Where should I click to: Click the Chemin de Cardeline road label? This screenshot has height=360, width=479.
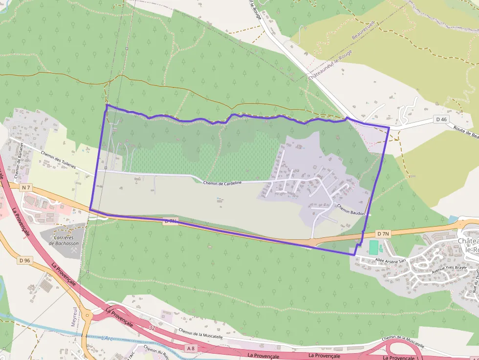point(222,183)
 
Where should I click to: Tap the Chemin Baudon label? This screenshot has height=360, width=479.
point(351,209)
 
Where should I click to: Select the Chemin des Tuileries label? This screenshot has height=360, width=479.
point(59,159)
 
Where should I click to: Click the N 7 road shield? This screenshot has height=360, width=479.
point(26,188)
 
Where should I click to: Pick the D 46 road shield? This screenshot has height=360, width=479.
point(441,119)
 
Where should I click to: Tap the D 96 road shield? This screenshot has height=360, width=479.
point(25,261)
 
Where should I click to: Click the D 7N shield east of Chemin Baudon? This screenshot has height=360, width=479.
point(383,234)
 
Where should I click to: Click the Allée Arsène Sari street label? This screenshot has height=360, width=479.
point(391,260)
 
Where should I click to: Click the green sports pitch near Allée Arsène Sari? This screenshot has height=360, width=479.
point(373,247)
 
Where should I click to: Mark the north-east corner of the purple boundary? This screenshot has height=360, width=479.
point(389,128)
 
